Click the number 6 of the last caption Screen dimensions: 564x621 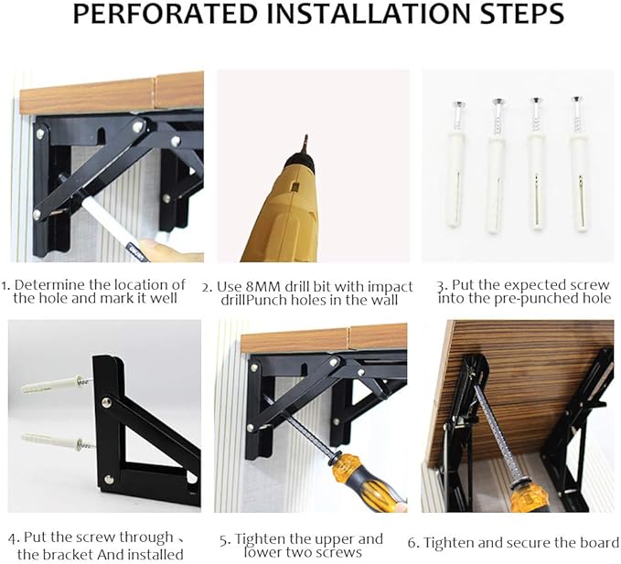pyautogui.click(x=412, y=542)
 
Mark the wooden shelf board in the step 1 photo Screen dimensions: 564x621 pyautogui.click(x=110, y=92)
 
